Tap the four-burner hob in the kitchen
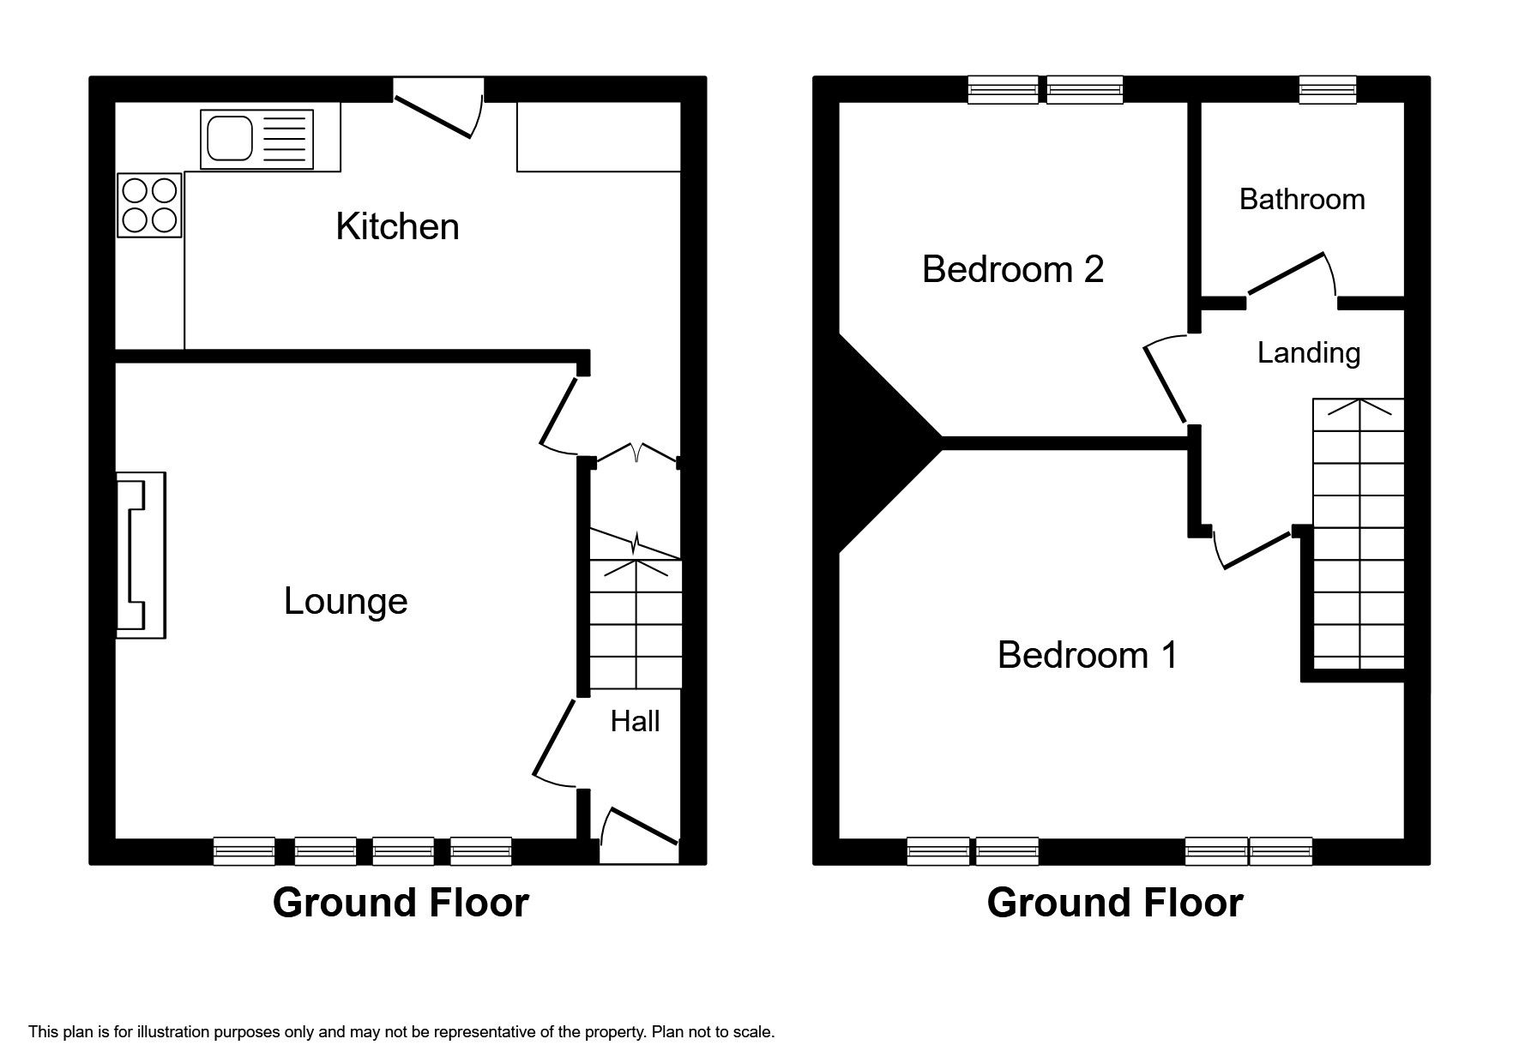150,205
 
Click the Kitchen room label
397,226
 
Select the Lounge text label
346,601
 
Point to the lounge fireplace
140,556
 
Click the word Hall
635,721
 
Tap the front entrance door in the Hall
639,827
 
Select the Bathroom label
1301,199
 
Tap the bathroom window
1327,89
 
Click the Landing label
1308,352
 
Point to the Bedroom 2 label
1012,269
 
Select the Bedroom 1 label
1087,655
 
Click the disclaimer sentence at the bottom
401,1032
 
